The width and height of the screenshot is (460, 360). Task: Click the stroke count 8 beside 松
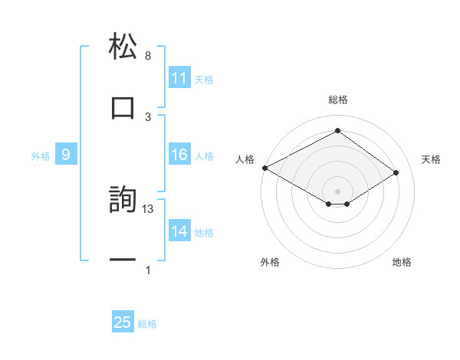click(x=148, y=56)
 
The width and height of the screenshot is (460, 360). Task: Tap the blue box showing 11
click(x=179, y=78)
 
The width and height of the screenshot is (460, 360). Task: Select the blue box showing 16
click(x=179, y=155)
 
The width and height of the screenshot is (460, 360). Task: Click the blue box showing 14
click(x=179, y=231)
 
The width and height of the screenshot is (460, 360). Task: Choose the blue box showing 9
click(x=66, y=155)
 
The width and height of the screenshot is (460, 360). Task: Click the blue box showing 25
click(x=123, y=322)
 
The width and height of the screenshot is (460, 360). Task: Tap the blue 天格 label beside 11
click(x=204, y=79)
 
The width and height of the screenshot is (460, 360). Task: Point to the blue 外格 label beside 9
click(x=41, y=155)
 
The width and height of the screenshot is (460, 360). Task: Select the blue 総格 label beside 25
click(x=147, y=323)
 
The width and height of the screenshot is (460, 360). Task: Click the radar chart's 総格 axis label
click(x=338, y=100)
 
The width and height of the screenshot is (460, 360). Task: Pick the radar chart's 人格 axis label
click(x=245, y=159)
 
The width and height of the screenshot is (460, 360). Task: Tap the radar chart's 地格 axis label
click(x=402, y=262)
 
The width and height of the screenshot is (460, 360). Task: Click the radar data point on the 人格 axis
click(x=264, y=168)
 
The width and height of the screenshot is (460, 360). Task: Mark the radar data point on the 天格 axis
click(x=396, y=173)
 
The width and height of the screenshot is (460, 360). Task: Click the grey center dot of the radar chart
click(x=338, y=191)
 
